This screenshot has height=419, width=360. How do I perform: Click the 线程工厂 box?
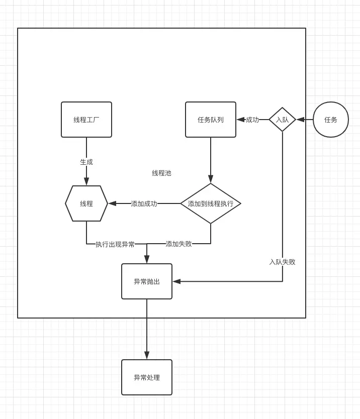click(86, 120)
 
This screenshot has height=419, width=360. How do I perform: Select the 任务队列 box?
click(211, 120)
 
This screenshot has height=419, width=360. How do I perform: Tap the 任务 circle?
click(331, 120)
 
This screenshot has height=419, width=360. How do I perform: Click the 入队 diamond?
click(282, 120)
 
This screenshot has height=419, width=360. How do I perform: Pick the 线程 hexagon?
click(86, 203)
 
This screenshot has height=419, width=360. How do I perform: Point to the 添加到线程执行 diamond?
click(211, 203)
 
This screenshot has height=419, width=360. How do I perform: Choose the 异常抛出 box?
click(147, 281)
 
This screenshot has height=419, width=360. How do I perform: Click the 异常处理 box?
click(147, 377)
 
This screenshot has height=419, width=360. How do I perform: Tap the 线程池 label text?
click(161, 173)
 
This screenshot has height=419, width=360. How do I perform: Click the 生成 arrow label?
click(86, 162)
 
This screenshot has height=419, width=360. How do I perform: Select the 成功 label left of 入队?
click(252, 120)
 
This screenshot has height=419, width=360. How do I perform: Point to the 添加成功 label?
click(144, 203)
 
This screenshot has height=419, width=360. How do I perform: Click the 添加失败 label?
click(178, 244)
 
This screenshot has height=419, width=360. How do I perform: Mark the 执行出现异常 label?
click(115, 244)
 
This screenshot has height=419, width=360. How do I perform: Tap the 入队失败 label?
click(282, 262)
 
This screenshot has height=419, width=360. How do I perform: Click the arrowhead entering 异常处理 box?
click(147, 355)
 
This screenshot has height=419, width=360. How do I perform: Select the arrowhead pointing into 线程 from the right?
click(112, 203)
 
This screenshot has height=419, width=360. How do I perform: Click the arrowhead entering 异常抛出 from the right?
click(176, 281)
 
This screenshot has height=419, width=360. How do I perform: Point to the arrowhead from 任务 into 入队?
click(301, 120)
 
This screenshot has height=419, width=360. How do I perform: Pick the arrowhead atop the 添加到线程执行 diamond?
click(211, 179)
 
